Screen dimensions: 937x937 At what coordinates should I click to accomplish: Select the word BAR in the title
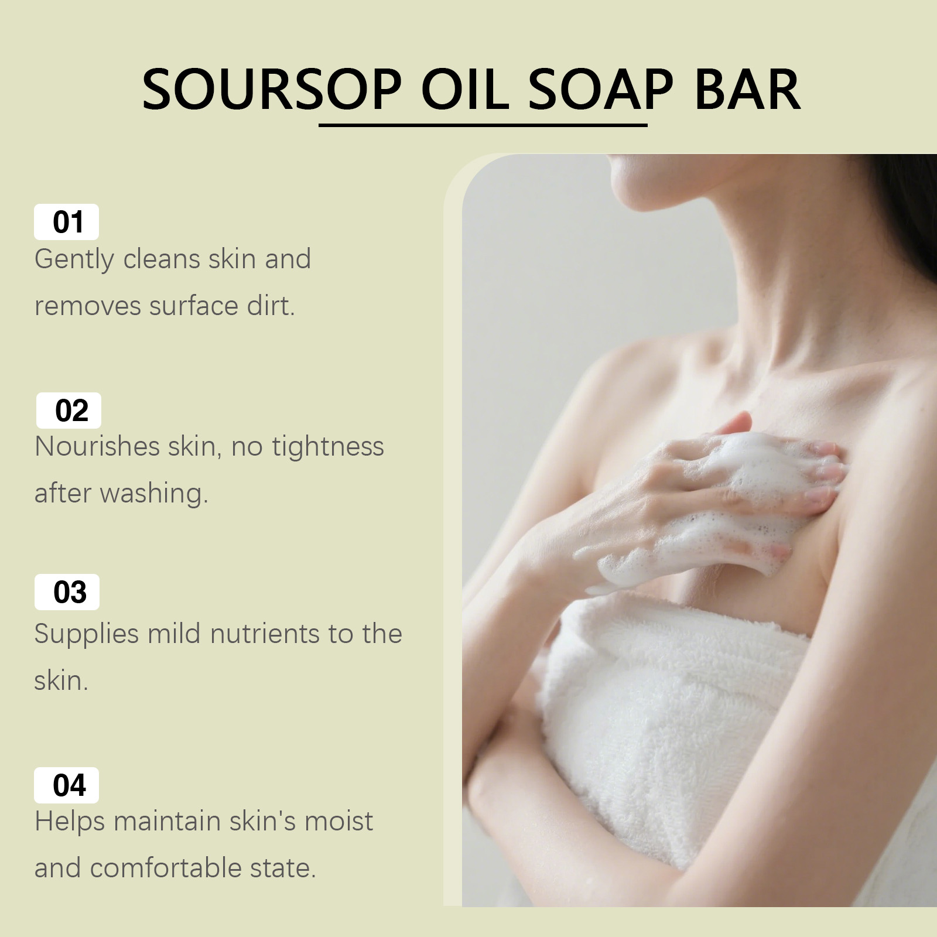(747, 90)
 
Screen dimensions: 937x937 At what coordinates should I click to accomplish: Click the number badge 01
(67, 222)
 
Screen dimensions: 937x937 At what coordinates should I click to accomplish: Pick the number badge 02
(69, 410)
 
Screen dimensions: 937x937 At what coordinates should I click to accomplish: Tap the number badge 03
(67, 592)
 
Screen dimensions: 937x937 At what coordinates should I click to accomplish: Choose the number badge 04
(67, 785)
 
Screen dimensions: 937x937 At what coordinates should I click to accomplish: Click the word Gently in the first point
(74, 260)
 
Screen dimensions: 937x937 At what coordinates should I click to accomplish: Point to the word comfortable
(166, 868)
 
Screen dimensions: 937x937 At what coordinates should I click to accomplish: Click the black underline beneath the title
(483, 125)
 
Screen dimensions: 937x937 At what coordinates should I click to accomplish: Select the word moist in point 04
(338, 821)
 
